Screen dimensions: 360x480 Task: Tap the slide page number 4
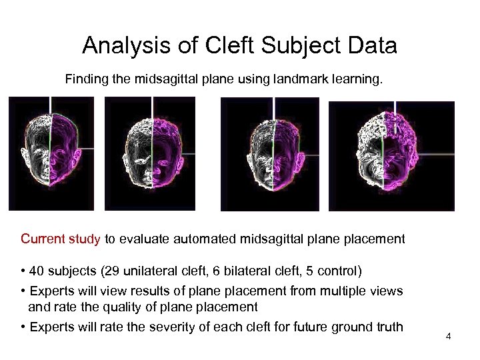449,336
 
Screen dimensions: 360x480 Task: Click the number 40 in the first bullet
37,271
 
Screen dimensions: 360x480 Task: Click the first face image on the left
51,153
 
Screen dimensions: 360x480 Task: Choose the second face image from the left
150,153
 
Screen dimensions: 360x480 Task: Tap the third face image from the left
265,153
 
